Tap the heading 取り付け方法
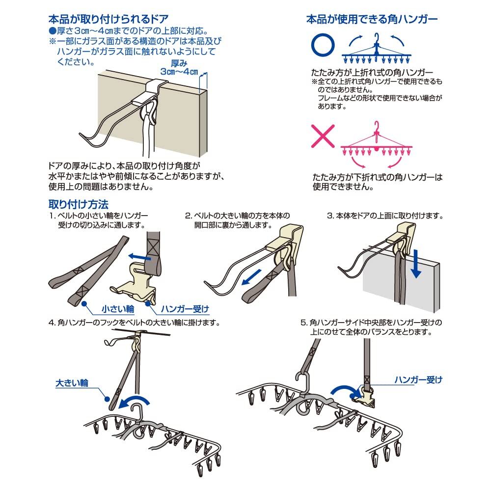[78, 203]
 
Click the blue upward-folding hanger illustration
[377, 52]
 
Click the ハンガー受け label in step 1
[185, 309]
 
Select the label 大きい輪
[72, 382]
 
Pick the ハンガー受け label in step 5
[419, 379]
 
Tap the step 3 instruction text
[385, 216]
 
